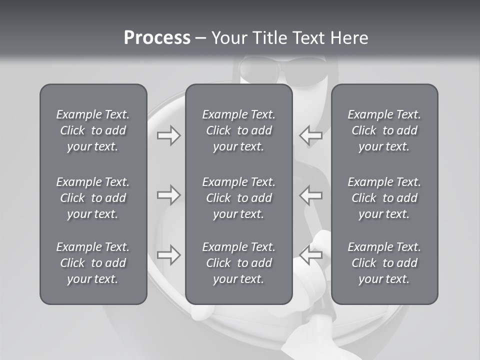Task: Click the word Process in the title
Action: click(157, 37)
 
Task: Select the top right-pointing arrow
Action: click(168, 135)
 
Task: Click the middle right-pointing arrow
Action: click(168, 194)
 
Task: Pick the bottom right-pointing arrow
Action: click(168, 255)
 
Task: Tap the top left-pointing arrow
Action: click(311, 135)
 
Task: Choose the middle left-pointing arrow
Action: click(311, 194)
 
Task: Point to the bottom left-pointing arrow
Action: click(311, 255)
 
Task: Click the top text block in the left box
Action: click(93, 130)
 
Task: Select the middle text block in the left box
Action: click(93, 198)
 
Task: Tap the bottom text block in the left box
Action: click(93, 263)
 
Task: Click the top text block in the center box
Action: click(238, 130)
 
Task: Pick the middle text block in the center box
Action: click(238, 198)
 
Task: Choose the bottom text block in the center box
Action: click(238, 263)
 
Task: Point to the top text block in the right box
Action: click(384, 130)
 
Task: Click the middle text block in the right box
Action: click(384, 198)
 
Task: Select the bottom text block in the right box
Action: click(384, 263)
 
